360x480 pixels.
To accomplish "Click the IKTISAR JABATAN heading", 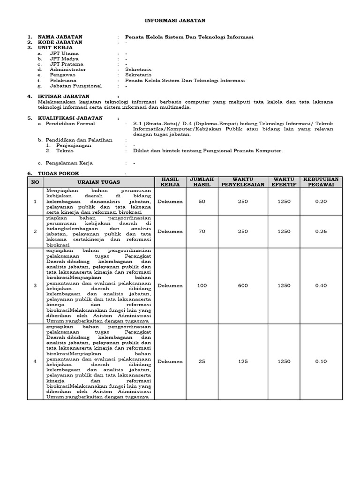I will tap(63, 96).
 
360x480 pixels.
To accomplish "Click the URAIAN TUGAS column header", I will tap(98, 182).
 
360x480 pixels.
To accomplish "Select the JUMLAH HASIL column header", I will tap(202, 182).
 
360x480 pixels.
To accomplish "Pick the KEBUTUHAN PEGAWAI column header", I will tap(321, 182).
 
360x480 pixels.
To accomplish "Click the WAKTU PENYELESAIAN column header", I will tap(242, 182).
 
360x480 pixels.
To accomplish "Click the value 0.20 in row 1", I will tap(321, 201).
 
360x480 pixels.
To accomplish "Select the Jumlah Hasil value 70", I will tap(202, 231).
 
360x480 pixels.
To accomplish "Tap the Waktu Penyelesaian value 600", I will tap(242, 285).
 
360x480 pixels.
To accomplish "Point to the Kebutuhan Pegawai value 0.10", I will tap(321, 361).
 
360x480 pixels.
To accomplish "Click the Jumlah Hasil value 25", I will tap(202, 361).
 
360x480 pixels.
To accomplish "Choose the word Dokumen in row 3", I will tap(170, 285).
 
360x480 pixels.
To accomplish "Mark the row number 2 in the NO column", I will tap(34, 231).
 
